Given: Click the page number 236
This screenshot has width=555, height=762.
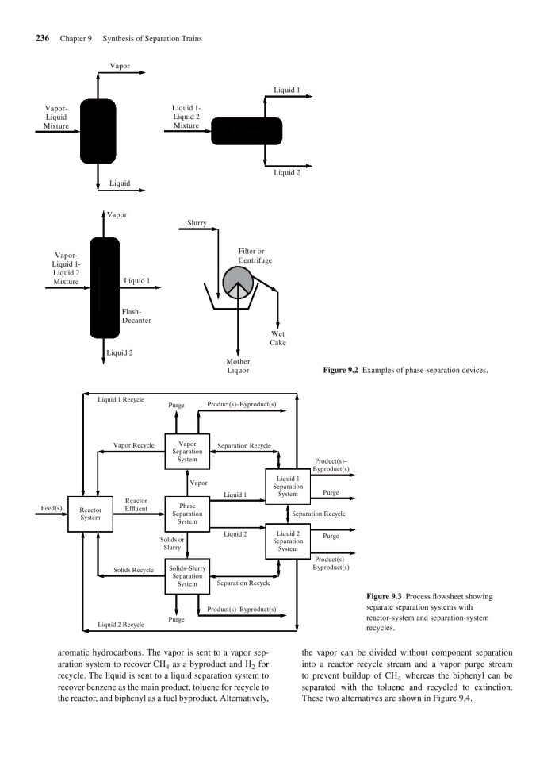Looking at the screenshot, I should pyautogui.click(x=44, y=38).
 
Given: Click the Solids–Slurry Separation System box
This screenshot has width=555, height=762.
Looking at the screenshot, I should pyautogui.click(x=187, y=576).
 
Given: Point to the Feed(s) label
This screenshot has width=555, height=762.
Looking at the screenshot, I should pyautogui.click(x=52, y=506).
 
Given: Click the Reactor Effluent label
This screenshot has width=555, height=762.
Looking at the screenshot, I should pyautogui.click(x=137, y=506).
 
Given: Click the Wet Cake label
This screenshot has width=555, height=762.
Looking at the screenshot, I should pyautogui.click(x=277, y=338).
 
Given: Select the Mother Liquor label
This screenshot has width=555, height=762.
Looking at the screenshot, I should pyautogui.click(x=238, y=366).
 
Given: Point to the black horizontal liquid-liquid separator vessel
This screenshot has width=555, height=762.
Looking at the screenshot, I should pyautogui.click(x=247, y=130).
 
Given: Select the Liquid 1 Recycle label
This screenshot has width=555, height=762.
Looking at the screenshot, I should pyautogui.click(x=121, y=399).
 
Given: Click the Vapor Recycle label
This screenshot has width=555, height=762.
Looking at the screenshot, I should pyautogui.click(x=133, y=446).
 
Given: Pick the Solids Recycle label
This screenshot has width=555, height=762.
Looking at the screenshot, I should pyautogui.click(x=133, y=570).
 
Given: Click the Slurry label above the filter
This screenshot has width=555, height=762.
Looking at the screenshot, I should pyautogui.click(x=197, y=224).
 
